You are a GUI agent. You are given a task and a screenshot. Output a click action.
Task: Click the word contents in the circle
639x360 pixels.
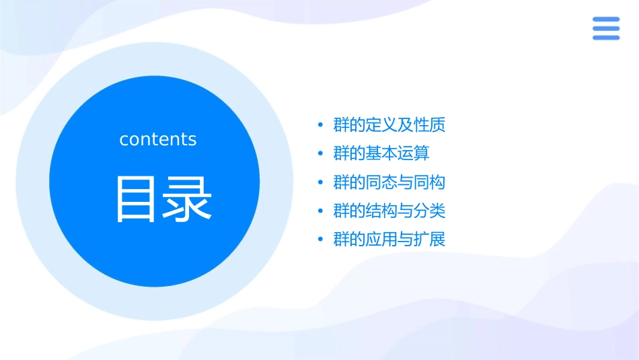pyautogui.click(x=158, y=139)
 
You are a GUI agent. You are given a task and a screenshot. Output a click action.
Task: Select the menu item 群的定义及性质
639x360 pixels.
pyautogui.click(x=389, y=125)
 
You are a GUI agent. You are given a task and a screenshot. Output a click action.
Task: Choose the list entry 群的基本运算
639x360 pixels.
pyautogui.click(x=381, y=153)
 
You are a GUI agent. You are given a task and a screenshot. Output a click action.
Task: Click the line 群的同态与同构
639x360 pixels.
pyautogui.click(x=389, y=182)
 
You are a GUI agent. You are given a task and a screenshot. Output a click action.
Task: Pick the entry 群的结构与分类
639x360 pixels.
pyautogui.click(x=389, y=211)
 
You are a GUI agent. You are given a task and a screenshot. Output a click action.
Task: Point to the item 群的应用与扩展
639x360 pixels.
pyautogui.click(x=389, y=240)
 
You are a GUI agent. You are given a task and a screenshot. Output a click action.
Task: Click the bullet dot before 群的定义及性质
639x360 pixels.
pyautogui.click(x=320, y=126)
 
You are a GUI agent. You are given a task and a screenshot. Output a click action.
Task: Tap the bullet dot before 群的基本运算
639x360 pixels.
pyautogui.click(x=320, y=154)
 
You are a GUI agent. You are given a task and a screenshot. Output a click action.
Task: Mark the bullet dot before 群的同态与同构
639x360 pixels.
pyautogui.click(x=320, y=183)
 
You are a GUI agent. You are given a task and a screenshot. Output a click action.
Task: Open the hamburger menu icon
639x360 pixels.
pyautogui.click(x=605, y=29)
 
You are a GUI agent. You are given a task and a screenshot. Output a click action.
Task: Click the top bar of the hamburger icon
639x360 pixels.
pyautogui.click(x=605, y=20)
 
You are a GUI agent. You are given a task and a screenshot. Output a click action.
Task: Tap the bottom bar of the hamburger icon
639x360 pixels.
pyautogui.click(x=605, y=38)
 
